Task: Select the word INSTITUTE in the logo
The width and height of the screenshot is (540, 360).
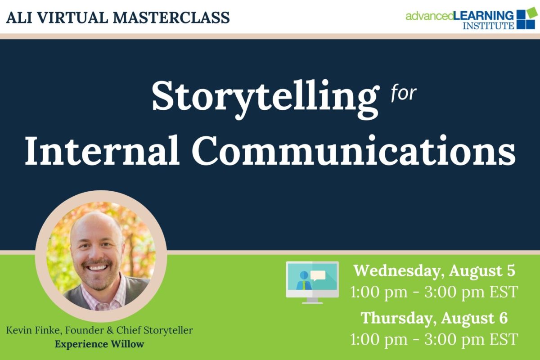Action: (x=488, y=26)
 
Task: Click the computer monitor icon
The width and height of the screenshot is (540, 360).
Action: (x=312, y=282)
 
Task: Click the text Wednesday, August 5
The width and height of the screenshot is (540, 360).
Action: (x=434, y=271)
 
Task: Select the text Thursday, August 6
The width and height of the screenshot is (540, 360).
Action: (x=434, y=318)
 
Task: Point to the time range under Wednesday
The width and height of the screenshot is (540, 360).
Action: (x=434, y=291)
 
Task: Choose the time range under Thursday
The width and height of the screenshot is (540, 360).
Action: (x=434, y=338)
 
